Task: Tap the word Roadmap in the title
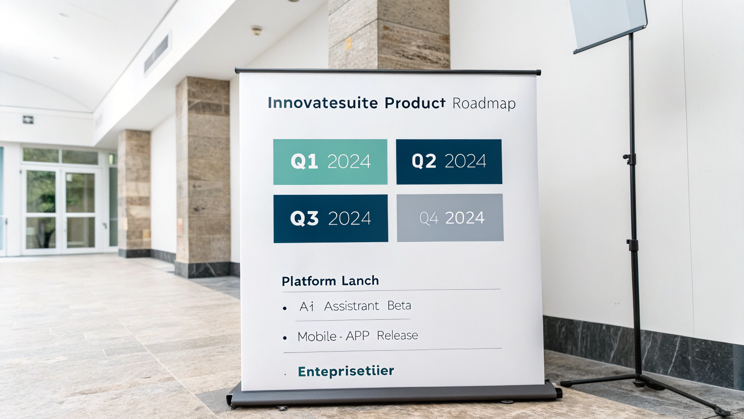(x=484, y=104)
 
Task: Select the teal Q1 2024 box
(x=330, y=162)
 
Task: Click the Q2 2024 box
(x=449, y=161)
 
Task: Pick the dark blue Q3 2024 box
(x=331, y=219)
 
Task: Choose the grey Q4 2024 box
(x=450, y=218)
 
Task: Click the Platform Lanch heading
(x=330, y=281)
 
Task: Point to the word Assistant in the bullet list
(x=352, y=306)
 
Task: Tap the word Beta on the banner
(x=399, y=306)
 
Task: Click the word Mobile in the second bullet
(x=317, y=336)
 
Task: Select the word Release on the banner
(x=397, y=336)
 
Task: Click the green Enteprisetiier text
(x=346, y=372)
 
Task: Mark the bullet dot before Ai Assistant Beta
(x=285, y=308)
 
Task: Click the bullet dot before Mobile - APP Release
(x=285, y=338)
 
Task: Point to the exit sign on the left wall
(x=28, y=120)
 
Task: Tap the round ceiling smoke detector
(x=256, y=30)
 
